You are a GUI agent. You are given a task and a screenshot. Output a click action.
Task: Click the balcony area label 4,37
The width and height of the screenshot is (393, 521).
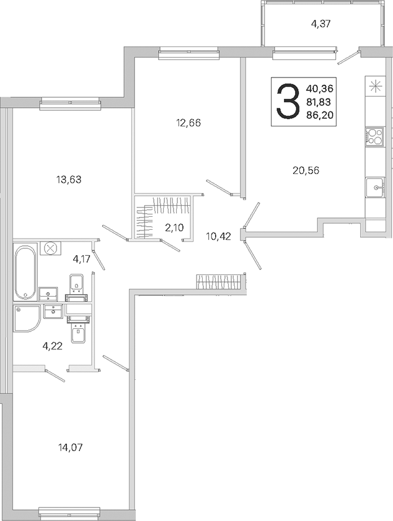(x=320, y=24)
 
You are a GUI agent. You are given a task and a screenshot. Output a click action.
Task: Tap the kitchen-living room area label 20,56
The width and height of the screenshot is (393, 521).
(x=306, y=170)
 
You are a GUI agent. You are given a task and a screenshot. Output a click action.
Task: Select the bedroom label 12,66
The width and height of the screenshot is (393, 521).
(x=188, y=123)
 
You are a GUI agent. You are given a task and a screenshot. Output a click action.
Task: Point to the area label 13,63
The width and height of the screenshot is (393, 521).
(x=69, y=180)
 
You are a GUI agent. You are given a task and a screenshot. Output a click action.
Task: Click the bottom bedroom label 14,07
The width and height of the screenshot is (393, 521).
(x=70, y=447)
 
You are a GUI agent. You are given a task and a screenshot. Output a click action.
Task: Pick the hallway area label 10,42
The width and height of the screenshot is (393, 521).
(x=218, y=237)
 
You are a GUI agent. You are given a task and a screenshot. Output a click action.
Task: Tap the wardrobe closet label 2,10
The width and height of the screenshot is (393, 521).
(x=174, y=227)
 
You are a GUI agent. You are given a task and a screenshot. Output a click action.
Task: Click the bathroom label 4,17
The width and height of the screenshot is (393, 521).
(x=81, y=259)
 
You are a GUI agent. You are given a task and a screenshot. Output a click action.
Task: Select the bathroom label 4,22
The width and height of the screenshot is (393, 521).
(x=53, y=346)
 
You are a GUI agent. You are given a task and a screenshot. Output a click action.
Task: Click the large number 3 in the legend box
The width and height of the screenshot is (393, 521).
(x=286, y=102)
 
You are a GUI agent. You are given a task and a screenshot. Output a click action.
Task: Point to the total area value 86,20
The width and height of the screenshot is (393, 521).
(x=321, y=115)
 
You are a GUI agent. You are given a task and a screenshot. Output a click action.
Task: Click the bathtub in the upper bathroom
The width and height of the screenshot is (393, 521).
(x=25, y=272)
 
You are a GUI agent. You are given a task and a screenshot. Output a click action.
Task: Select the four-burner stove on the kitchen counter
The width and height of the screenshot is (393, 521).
(x=375, y=136)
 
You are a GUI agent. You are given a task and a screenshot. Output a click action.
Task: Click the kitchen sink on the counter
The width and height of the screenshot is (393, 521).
(x=376, y=188)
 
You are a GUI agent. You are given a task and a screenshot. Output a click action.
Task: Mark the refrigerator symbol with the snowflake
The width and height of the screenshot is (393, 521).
(x=375, y=86)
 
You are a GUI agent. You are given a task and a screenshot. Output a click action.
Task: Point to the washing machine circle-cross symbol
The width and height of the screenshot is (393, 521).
(x=51, y=248)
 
